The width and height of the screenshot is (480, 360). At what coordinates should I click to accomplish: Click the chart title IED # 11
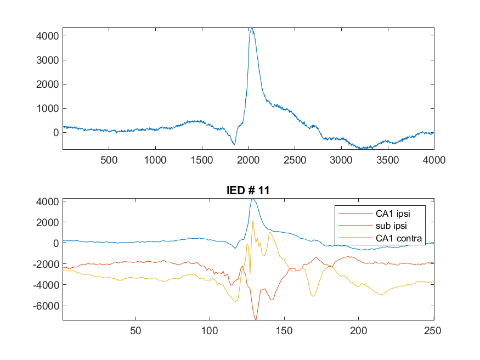click(x=248, y=190)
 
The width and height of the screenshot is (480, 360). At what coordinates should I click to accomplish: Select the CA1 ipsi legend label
click(x=393, y=213)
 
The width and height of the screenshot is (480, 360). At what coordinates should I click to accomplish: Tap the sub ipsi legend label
click(x=391, y=226)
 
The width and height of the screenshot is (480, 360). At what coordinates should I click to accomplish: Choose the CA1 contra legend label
click(x=399, y=238)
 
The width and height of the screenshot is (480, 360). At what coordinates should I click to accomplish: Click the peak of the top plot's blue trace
click(x=252, y=28)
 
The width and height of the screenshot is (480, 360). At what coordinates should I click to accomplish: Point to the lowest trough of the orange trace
click(x=256, y=319)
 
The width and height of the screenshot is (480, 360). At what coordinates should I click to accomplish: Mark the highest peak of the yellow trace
click(x=253, y=221)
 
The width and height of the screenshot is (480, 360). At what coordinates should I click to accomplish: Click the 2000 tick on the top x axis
click(x=249, y=160)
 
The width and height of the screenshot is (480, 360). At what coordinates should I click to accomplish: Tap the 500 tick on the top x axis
click(x=109, y=160)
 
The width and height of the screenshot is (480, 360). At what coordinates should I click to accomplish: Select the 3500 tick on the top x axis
click(x=387, y=160)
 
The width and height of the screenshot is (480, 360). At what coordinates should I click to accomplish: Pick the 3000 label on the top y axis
click(x=47, y=60)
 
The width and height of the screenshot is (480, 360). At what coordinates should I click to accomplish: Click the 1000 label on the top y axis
click(x=47, y=109)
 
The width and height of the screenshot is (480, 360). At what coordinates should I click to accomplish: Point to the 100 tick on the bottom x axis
click(x=210, y=330)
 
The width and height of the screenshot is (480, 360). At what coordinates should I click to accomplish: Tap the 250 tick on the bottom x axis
click(x=433, y=330)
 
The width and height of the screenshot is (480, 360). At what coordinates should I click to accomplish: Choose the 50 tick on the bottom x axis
click(x=135, y=330)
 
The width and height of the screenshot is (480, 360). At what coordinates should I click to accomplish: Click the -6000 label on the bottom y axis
click(x=46, y=306)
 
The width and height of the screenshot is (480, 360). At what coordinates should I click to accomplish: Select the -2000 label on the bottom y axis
click(x=46, y=264)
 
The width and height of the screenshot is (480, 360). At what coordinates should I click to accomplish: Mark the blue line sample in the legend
click(x=355, y=213)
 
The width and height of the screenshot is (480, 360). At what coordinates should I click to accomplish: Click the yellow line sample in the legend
click(x=355, y=238)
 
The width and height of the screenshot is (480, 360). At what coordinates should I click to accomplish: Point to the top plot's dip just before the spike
click(x=234, y=144)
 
